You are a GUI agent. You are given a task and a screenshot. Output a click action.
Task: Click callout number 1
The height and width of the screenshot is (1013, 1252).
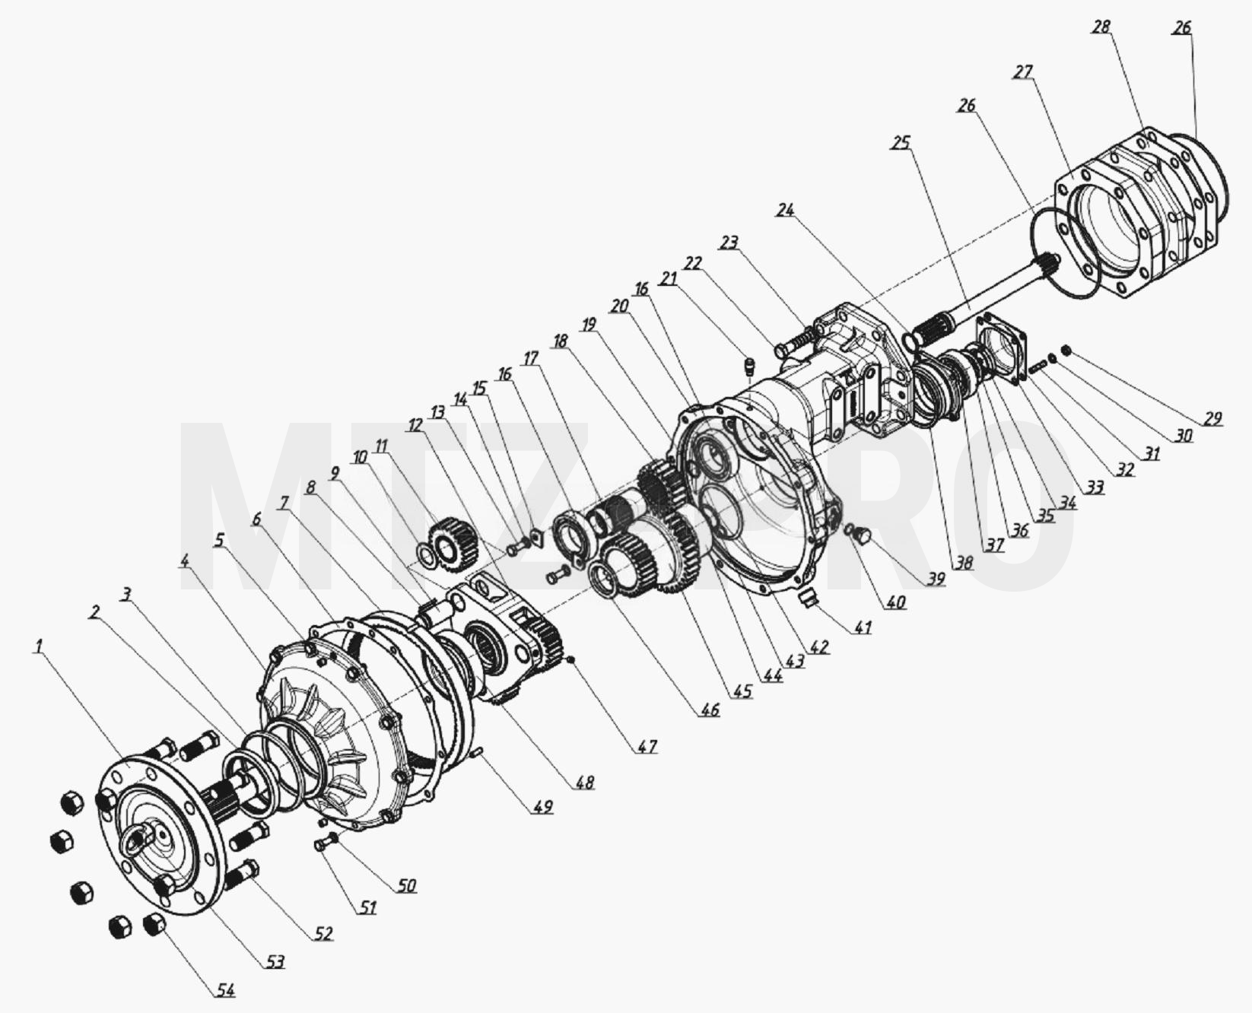point(37,646)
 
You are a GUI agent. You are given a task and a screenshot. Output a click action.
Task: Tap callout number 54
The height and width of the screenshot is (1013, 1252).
point(225,990)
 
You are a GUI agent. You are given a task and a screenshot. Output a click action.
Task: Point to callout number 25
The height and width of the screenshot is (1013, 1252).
point(901,143)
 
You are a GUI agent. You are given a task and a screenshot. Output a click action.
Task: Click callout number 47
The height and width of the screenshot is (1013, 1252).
point(647,747)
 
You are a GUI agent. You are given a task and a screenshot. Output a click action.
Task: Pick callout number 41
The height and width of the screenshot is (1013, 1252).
point(863,627)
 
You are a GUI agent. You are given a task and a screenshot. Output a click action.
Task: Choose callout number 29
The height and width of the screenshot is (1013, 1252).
point(1212,418)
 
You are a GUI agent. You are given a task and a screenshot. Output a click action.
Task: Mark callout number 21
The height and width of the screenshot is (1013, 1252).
point(668,280)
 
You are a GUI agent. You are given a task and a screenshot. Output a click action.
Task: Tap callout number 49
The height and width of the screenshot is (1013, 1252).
point(542,806)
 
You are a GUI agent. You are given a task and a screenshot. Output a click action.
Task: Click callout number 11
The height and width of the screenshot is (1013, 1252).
point(381,446)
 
